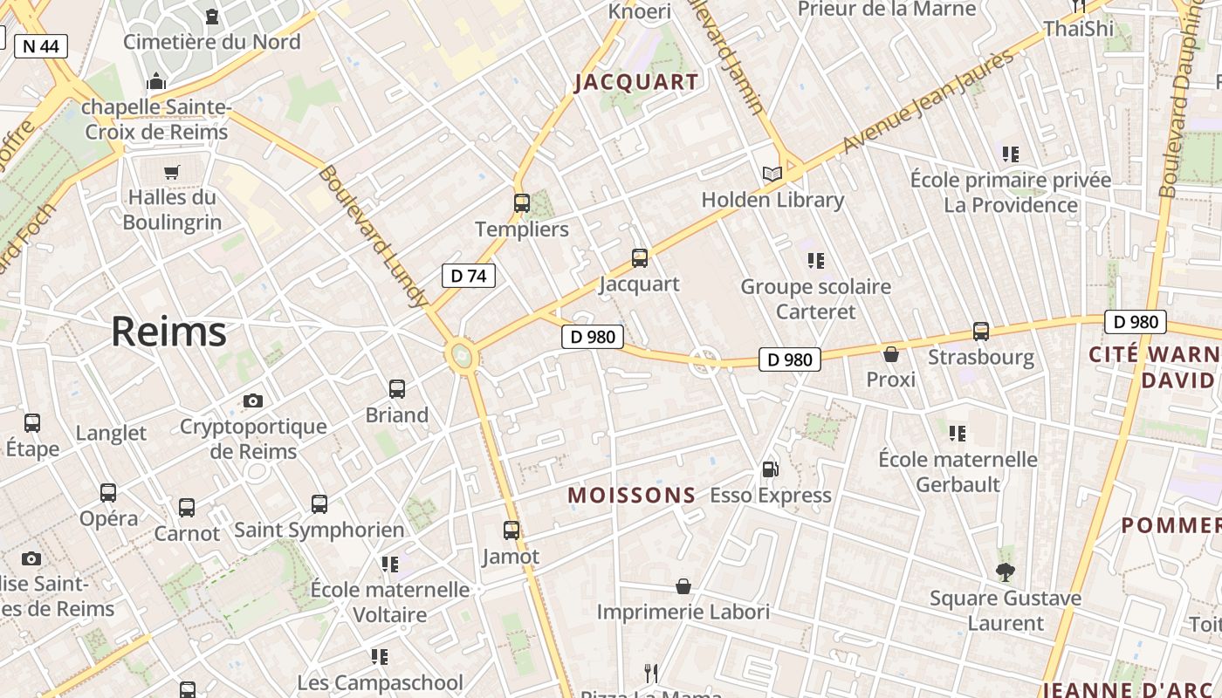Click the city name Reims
(168, 332)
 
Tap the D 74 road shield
(469, 277)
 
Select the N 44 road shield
(41, 46)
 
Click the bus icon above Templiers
(522, 203)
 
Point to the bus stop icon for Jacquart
(640, 258)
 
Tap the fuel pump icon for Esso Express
(770, 469)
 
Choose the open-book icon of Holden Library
(772, 174)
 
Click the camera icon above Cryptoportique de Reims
(253, 401)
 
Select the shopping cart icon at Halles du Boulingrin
(171, 172)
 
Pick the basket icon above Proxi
(891, 354)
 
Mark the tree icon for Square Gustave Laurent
(1006, 572)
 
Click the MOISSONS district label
(632, 496)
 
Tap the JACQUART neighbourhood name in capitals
(637, 83)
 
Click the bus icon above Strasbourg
(981, 332)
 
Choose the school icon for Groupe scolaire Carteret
(816, 260)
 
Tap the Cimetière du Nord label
(212, 42)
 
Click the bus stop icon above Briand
(397, 389)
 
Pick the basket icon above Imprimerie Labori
(683, 586)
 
